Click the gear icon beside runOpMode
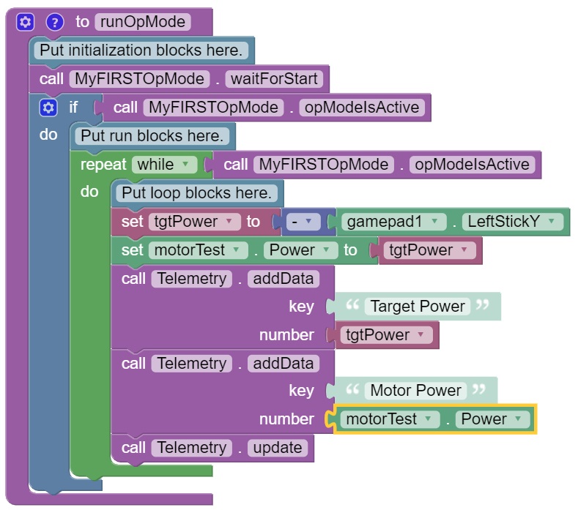pyautogui.click(x=26, y=22)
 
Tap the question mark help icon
pyautogui.click(x=55, y=22)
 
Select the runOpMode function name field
pyautogui.click(x=141, y=22)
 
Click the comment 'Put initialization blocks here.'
pyautogui.click(x=141, y=50)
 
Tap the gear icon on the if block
pyautogui.click(x=48, y=108)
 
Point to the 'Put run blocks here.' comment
pyautogui.click(x=152, y=136)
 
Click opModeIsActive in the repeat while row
pyautogui.click(x=471, y=165)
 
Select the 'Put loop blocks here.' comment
pyautogui.click(x=196, y=193)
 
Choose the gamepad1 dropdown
pyautogui.click(x=393, y=221)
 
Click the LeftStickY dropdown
pyautogui.click(x=512, y=221)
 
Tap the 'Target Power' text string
pyautogui.click(x=418, y=306)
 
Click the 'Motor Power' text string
pyautogui.click(x=416, y=391)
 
